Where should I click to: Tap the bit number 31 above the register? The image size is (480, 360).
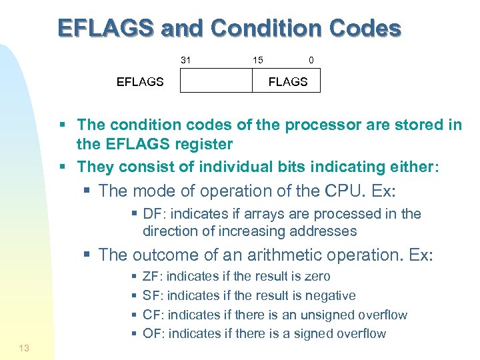tap(186, 60)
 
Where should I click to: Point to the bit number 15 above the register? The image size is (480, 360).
tap(257, 60)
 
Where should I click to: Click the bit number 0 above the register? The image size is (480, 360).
tap(311, 60)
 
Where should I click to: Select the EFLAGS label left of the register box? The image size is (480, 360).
tap(140, 82)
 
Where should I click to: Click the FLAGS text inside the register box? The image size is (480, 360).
tap(287, 82)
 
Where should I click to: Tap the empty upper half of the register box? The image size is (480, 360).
tap(217, 81)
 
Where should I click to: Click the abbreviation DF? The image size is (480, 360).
tap(153, 213)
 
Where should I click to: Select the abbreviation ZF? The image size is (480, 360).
tap(152, 276)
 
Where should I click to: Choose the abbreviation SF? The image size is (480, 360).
tap(153, 295)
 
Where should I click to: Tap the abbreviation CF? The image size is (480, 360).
tap(153, 315)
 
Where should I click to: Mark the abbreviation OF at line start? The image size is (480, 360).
tap(153, 333)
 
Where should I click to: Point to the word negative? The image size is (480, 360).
tap(330, 295)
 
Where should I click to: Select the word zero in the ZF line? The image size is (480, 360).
tap(317, 276)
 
